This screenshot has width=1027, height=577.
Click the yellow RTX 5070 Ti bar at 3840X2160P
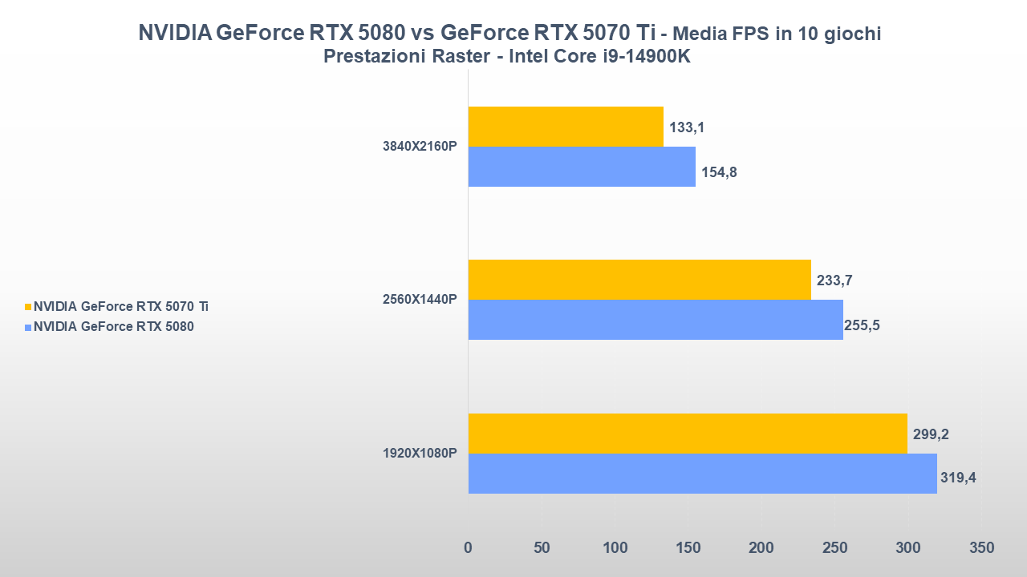coord(566,127)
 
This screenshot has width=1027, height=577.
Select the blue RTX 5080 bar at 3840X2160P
coord(582,167)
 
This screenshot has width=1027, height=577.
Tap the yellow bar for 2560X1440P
coord(639,280)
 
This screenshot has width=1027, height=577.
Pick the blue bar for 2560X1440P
coord(656,320)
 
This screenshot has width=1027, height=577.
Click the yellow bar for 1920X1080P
coord(688,434)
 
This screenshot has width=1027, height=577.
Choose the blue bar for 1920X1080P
coord(702,474)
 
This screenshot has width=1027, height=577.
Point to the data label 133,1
coord(687,127)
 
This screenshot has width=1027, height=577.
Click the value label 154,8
coord(719,171)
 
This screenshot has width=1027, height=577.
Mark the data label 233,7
coord(834,280)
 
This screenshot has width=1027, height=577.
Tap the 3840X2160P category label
coord(420,147)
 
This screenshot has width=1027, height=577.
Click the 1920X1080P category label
coord(420,454)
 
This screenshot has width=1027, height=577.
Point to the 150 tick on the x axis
coord(688,548)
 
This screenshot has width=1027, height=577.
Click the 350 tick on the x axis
coord(981,548)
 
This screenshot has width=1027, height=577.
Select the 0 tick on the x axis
coord(469,548)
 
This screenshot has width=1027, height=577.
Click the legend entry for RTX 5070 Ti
coord(121,306)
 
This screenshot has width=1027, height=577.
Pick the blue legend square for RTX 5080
coord(28,327)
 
